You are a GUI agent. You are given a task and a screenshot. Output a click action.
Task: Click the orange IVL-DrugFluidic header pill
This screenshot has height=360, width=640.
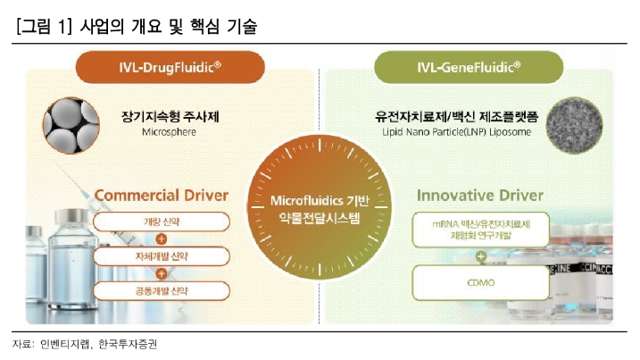170,67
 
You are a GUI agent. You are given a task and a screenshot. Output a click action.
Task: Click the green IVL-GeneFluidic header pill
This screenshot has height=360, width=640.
469,67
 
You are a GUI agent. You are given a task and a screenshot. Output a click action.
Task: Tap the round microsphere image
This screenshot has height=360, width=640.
71,125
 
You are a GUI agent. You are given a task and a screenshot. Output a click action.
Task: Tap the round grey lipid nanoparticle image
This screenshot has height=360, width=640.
574,125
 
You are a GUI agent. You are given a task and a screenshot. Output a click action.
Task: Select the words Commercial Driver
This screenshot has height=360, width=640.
162,196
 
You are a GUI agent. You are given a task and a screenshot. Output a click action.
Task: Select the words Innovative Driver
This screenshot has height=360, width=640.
480,196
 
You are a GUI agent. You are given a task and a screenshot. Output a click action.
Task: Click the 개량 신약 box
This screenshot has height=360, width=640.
162,222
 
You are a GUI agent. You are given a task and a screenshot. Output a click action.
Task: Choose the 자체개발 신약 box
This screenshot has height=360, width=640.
162,256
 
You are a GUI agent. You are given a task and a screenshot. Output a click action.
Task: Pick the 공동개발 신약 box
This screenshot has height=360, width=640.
162,291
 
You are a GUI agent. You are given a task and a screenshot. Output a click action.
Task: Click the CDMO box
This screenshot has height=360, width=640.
480,283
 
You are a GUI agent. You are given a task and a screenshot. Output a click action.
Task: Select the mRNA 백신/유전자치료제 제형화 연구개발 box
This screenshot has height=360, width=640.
480,230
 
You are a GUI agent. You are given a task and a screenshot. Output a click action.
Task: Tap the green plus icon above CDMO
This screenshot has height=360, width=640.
481,256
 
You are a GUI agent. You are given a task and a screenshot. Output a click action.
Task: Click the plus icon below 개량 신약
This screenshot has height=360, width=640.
162,239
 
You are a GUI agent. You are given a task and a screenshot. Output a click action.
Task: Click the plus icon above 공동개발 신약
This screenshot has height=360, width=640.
162,273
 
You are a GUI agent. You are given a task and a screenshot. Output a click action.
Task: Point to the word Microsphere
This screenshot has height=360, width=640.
169,132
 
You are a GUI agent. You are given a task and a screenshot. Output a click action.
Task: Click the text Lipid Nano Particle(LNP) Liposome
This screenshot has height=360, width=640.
457,132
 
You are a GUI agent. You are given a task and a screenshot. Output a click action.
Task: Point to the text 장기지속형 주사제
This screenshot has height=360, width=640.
170,117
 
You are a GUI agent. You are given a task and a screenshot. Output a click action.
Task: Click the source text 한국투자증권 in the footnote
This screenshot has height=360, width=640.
128,345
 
